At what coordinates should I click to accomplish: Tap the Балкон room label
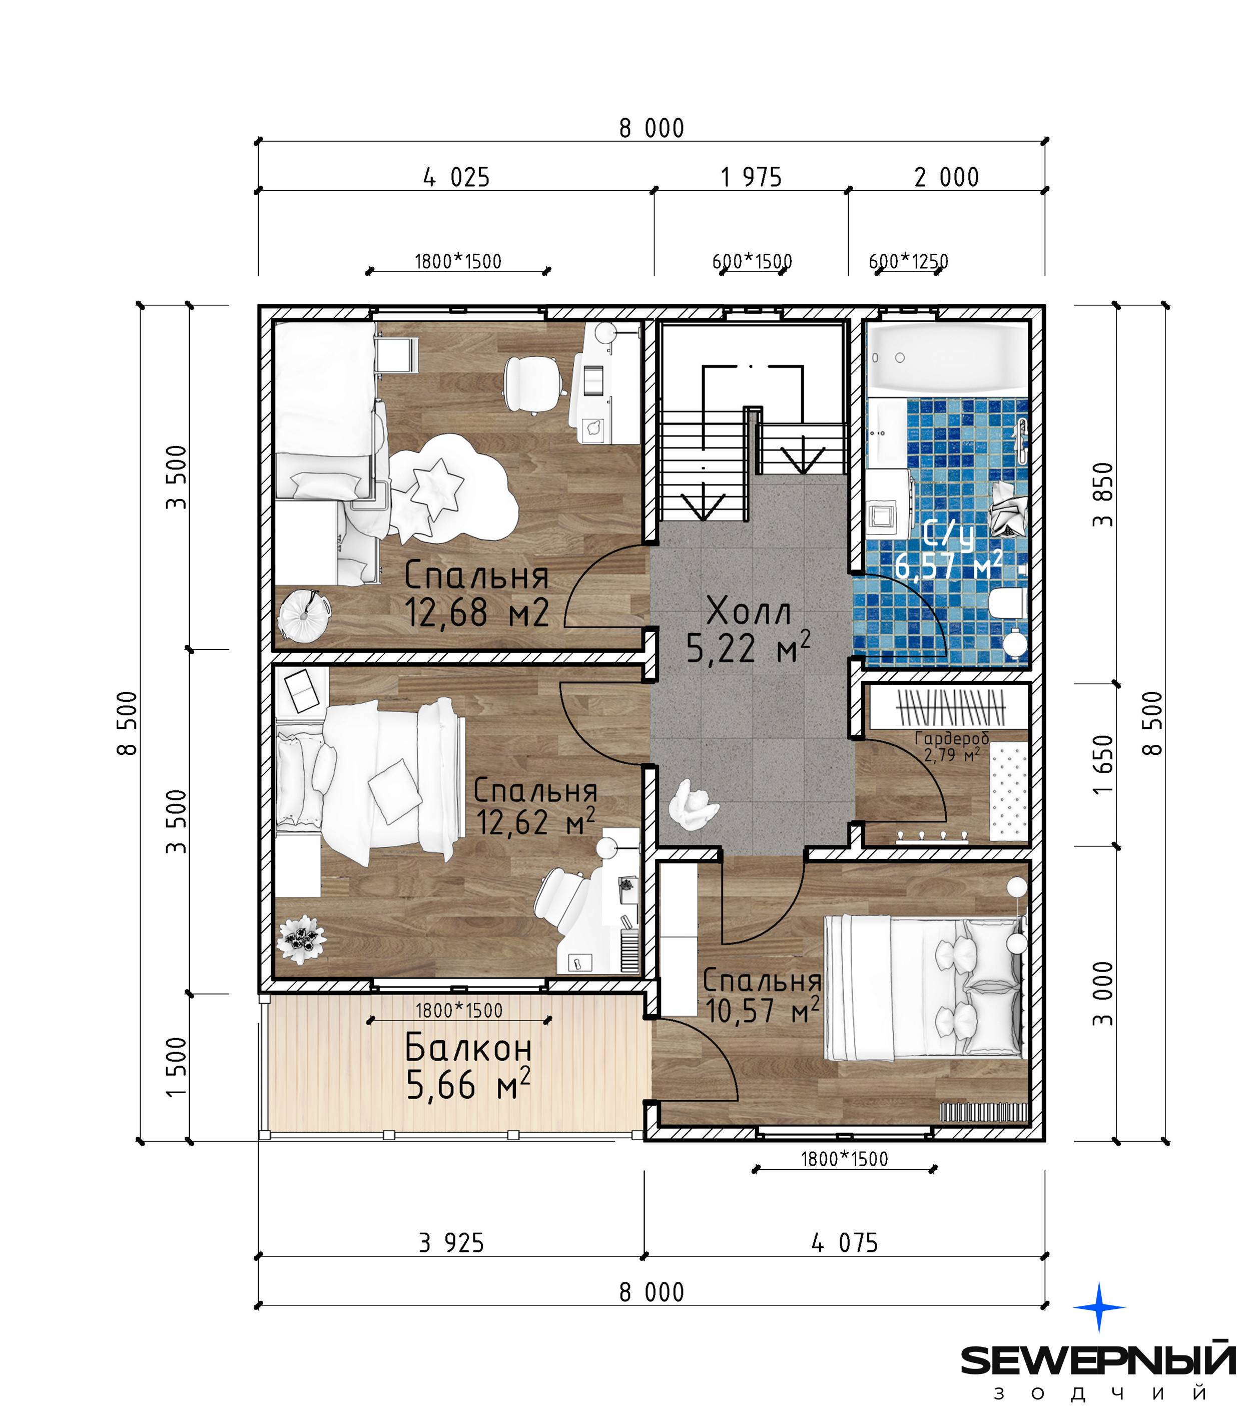click(468, 1048)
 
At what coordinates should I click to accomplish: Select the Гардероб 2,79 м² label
click(952, 747)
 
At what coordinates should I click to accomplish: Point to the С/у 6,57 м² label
click(948, 550)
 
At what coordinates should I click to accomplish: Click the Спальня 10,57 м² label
click(762, 996)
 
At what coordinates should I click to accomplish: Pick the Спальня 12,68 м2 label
click(477, 594)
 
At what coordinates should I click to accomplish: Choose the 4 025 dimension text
click(456, 178)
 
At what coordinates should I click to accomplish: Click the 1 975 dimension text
click(751, 178)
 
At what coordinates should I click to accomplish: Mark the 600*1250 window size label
click(908, 261)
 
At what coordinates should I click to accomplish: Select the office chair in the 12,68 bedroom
click(532, 385)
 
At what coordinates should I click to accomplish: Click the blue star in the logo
click(1099, 1307)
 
